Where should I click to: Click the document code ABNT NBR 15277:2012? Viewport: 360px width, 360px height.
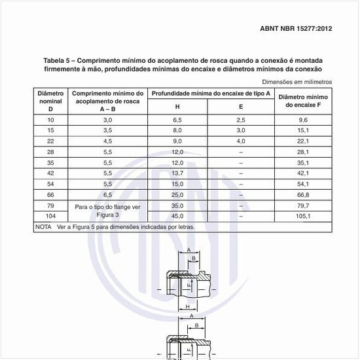click(296, 29)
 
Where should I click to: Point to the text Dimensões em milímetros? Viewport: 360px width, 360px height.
click(297, 82)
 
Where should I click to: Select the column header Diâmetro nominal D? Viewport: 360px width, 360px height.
click(50, 101)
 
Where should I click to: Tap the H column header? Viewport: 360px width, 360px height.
click(177, 107)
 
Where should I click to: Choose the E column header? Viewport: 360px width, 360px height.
click(240, 107)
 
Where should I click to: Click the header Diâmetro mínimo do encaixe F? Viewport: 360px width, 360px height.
click(302, 101)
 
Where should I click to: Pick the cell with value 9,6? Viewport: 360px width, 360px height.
click(302, 120)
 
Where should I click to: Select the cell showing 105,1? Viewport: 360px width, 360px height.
click(302, 215)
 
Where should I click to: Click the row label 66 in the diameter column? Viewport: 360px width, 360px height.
click(50, 194)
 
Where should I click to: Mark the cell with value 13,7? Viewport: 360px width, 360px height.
click(177, 173)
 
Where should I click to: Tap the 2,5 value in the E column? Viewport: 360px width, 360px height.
click(240, 120)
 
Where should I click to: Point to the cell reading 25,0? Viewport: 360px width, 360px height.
click(177, 194)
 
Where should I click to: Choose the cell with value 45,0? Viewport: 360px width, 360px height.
click(177, 215)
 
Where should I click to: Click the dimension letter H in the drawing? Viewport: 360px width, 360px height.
click(187, 306)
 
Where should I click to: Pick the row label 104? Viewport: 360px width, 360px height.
click(50, 215)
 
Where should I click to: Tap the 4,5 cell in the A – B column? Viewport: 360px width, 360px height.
click(107, 141)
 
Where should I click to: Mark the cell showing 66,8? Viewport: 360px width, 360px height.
click(302, 194)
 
